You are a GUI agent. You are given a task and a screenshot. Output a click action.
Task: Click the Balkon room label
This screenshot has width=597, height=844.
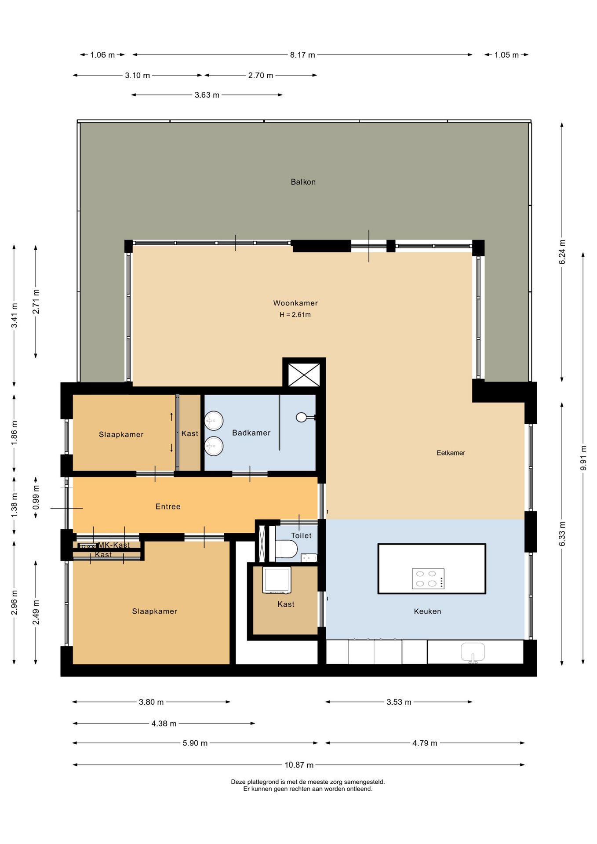click(x=303, y=182)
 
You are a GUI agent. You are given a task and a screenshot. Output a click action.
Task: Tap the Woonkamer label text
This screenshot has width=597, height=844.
click(x=295, y=303)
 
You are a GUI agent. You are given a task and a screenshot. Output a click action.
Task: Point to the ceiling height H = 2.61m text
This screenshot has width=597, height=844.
click(x=295, y=315)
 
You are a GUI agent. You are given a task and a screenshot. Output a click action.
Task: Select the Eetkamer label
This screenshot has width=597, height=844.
click(x=451, y=453)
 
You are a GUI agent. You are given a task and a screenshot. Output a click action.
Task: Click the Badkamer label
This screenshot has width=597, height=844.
click(x=251, y=433)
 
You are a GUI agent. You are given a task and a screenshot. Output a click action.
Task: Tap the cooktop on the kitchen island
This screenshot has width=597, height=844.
click(x=428, y=578)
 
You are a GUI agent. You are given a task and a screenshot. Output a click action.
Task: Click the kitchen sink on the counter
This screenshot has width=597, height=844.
click(x=473, y=653)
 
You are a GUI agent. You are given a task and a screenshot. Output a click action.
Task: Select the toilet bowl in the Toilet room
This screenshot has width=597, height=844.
click(x=286, y=549)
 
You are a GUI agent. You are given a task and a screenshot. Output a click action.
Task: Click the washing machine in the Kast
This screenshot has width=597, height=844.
click(x=277, y=580)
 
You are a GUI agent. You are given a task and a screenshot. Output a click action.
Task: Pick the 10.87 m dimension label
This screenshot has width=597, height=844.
click(x=299, y=765)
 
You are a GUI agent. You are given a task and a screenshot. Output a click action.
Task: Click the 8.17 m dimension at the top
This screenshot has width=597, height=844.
click(x=302, y=55)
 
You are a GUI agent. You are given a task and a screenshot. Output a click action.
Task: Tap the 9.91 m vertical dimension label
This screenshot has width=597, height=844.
click(x=583, y=458)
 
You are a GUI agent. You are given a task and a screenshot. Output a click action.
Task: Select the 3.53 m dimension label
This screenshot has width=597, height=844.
click(x=399, y=702)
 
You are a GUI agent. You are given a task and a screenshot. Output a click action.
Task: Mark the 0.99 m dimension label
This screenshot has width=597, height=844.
click(x=36, y=498)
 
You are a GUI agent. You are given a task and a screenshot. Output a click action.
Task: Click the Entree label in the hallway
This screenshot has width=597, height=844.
click(x=168, y=507)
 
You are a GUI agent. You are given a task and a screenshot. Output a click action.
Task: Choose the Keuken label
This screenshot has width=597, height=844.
click(x=427, y=611)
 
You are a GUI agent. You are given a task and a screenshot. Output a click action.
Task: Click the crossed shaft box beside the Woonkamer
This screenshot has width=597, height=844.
click(x=304, y=375)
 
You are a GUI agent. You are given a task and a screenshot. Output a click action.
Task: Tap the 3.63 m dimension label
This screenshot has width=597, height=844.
click(x=207, y=95)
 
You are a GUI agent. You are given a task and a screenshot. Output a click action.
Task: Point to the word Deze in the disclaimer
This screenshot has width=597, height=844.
click(x=238, y=782)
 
